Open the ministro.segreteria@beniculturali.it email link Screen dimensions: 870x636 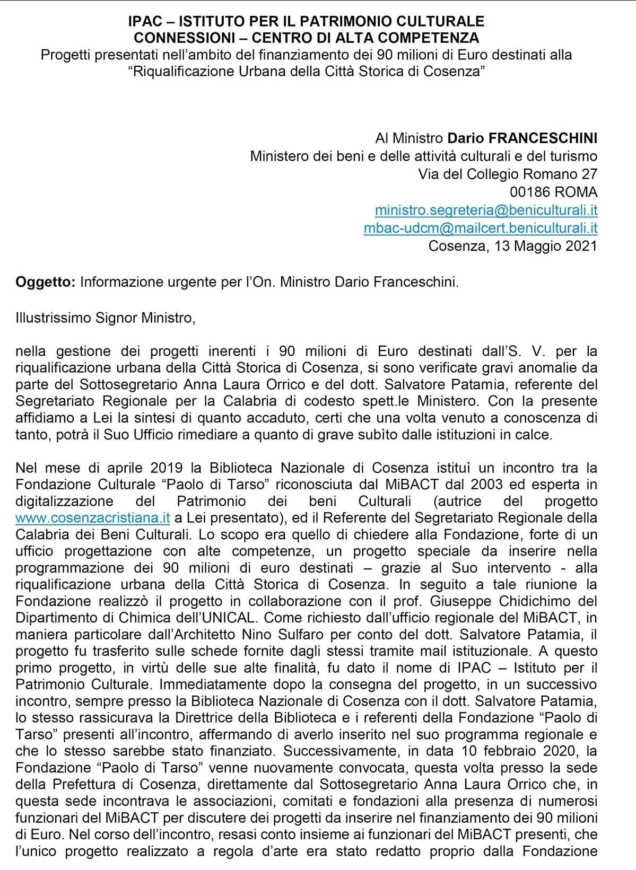(486, 210)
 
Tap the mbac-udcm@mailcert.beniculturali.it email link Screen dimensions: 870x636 (480, 228)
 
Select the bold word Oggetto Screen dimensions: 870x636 (46, 282)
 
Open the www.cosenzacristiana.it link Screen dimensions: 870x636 (92, 517)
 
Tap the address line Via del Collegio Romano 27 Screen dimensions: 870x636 (507, 174)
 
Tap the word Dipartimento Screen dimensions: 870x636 (60, 618)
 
